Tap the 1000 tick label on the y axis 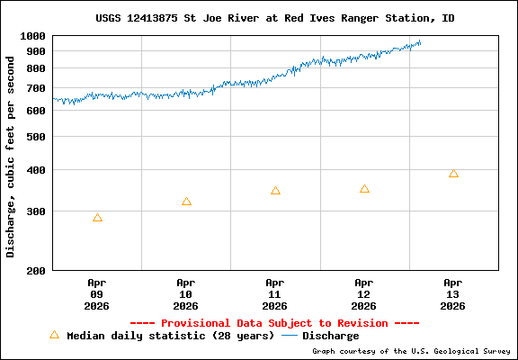pyautogui.click(x=34, y=36)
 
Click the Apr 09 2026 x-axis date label pyautogui.click(x=97, y=293)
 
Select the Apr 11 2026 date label pyautogui.click(x=275, y=293)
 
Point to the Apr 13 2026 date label pyautogui.click(x=453, y=293)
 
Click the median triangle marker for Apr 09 pyautogui.click(x=97, y=218)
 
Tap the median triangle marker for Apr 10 pyautogui.click(x=186, y=202)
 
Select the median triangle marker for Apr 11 pyautogui.click(x=275, y=191)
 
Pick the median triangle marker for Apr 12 pyautogui.click(x=364, y=189)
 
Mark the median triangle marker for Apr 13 pyautogui.click(x=453, y=174)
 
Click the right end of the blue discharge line pyautogui.click(x=420, y=41)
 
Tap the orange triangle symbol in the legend pyautogui.click(x=54, y=335)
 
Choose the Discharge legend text pyautogui.click(x=330, y=336)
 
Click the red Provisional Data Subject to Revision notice pyautogui.click(x=274, y=322)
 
